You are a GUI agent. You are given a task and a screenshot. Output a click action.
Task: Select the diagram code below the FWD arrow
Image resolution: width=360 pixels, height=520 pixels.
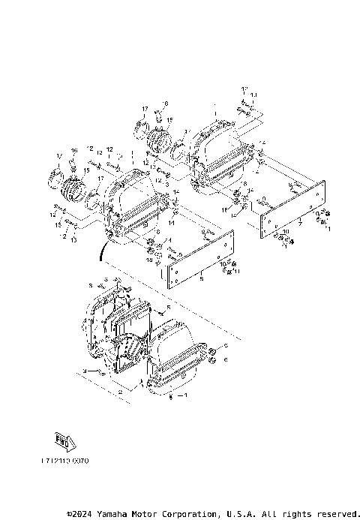point(65,461)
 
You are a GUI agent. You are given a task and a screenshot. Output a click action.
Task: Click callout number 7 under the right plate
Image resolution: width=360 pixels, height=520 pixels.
point(300,224)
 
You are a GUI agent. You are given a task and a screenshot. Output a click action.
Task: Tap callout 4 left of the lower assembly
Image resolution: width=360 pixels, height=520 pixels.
point(85,371)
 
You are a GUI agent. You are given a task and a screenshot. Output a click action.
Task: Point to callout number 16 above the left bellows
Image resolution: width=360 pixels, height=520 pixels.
point(74,152)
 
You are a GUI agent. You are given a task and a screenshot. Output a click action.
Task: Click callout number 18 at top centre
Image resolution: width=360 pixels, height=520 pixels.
point(166,103)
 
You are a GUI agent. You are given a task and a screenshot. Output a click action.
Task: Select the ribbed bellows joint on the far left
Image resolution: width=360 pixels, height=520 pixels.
point(73,188)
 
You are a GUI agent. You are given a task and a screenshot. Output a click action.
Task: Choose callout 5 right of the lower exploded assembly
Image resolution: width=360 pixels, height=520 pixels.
point(169,308)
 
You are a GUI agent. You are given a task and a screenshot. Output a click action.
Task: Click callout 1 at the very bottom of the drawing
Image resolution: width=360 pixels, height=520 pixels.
point(187,394)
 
